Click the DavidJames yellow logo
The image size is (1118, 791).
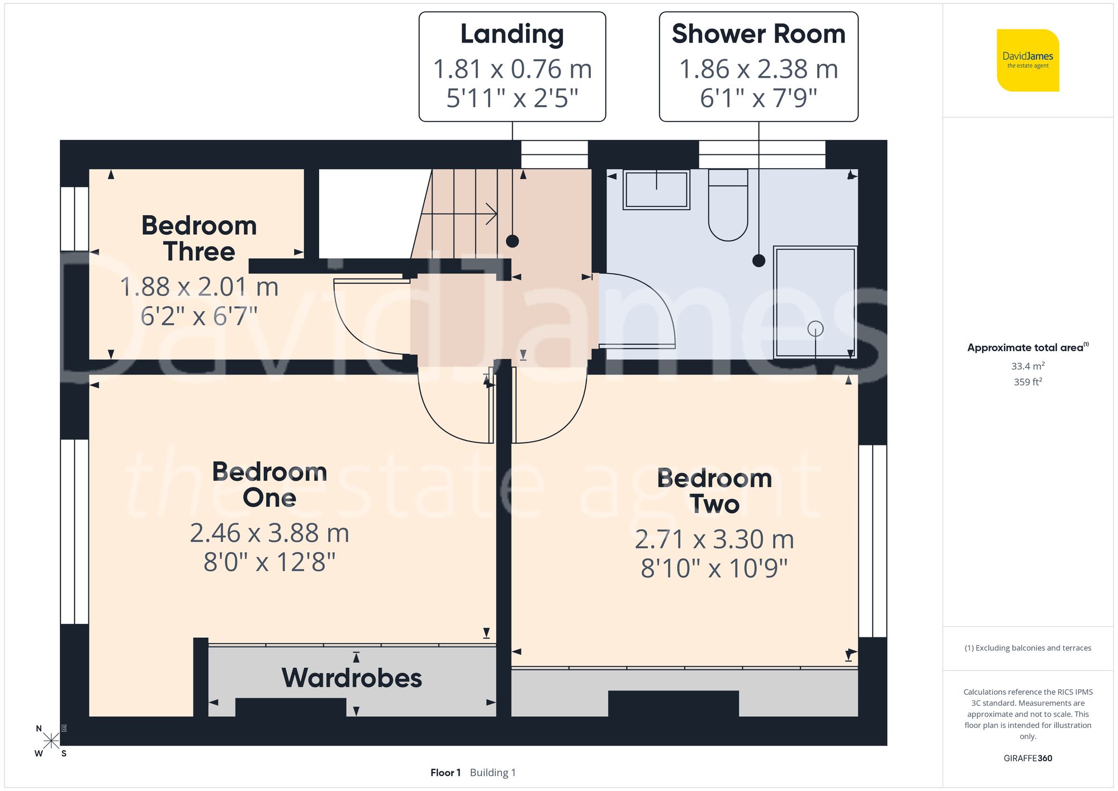1027,60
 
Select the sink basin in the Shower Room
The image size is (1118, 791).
656,190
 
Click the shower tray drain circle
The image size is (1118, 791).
815,329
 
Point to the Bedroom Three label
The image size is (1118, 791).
199,239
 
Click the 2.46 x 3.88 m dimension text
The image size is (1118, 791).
269,533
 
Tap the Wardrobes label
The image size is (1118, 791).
352,678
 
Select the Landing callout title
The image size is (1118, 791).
512,34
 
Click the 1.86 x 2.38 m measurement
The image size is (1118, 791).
759,69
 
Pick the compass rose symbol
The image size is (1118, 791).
51,741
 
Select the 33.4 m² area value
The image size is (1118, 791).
1027,366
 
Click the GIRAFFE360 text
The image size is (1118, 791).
1027,758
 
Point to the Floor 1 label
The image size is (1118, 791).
446,773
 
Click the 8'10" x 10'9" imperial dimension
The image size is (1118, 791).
714,569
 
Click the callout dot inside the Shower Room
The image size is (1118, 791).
759,260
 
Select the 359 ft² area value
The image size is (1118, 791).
1027,382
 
